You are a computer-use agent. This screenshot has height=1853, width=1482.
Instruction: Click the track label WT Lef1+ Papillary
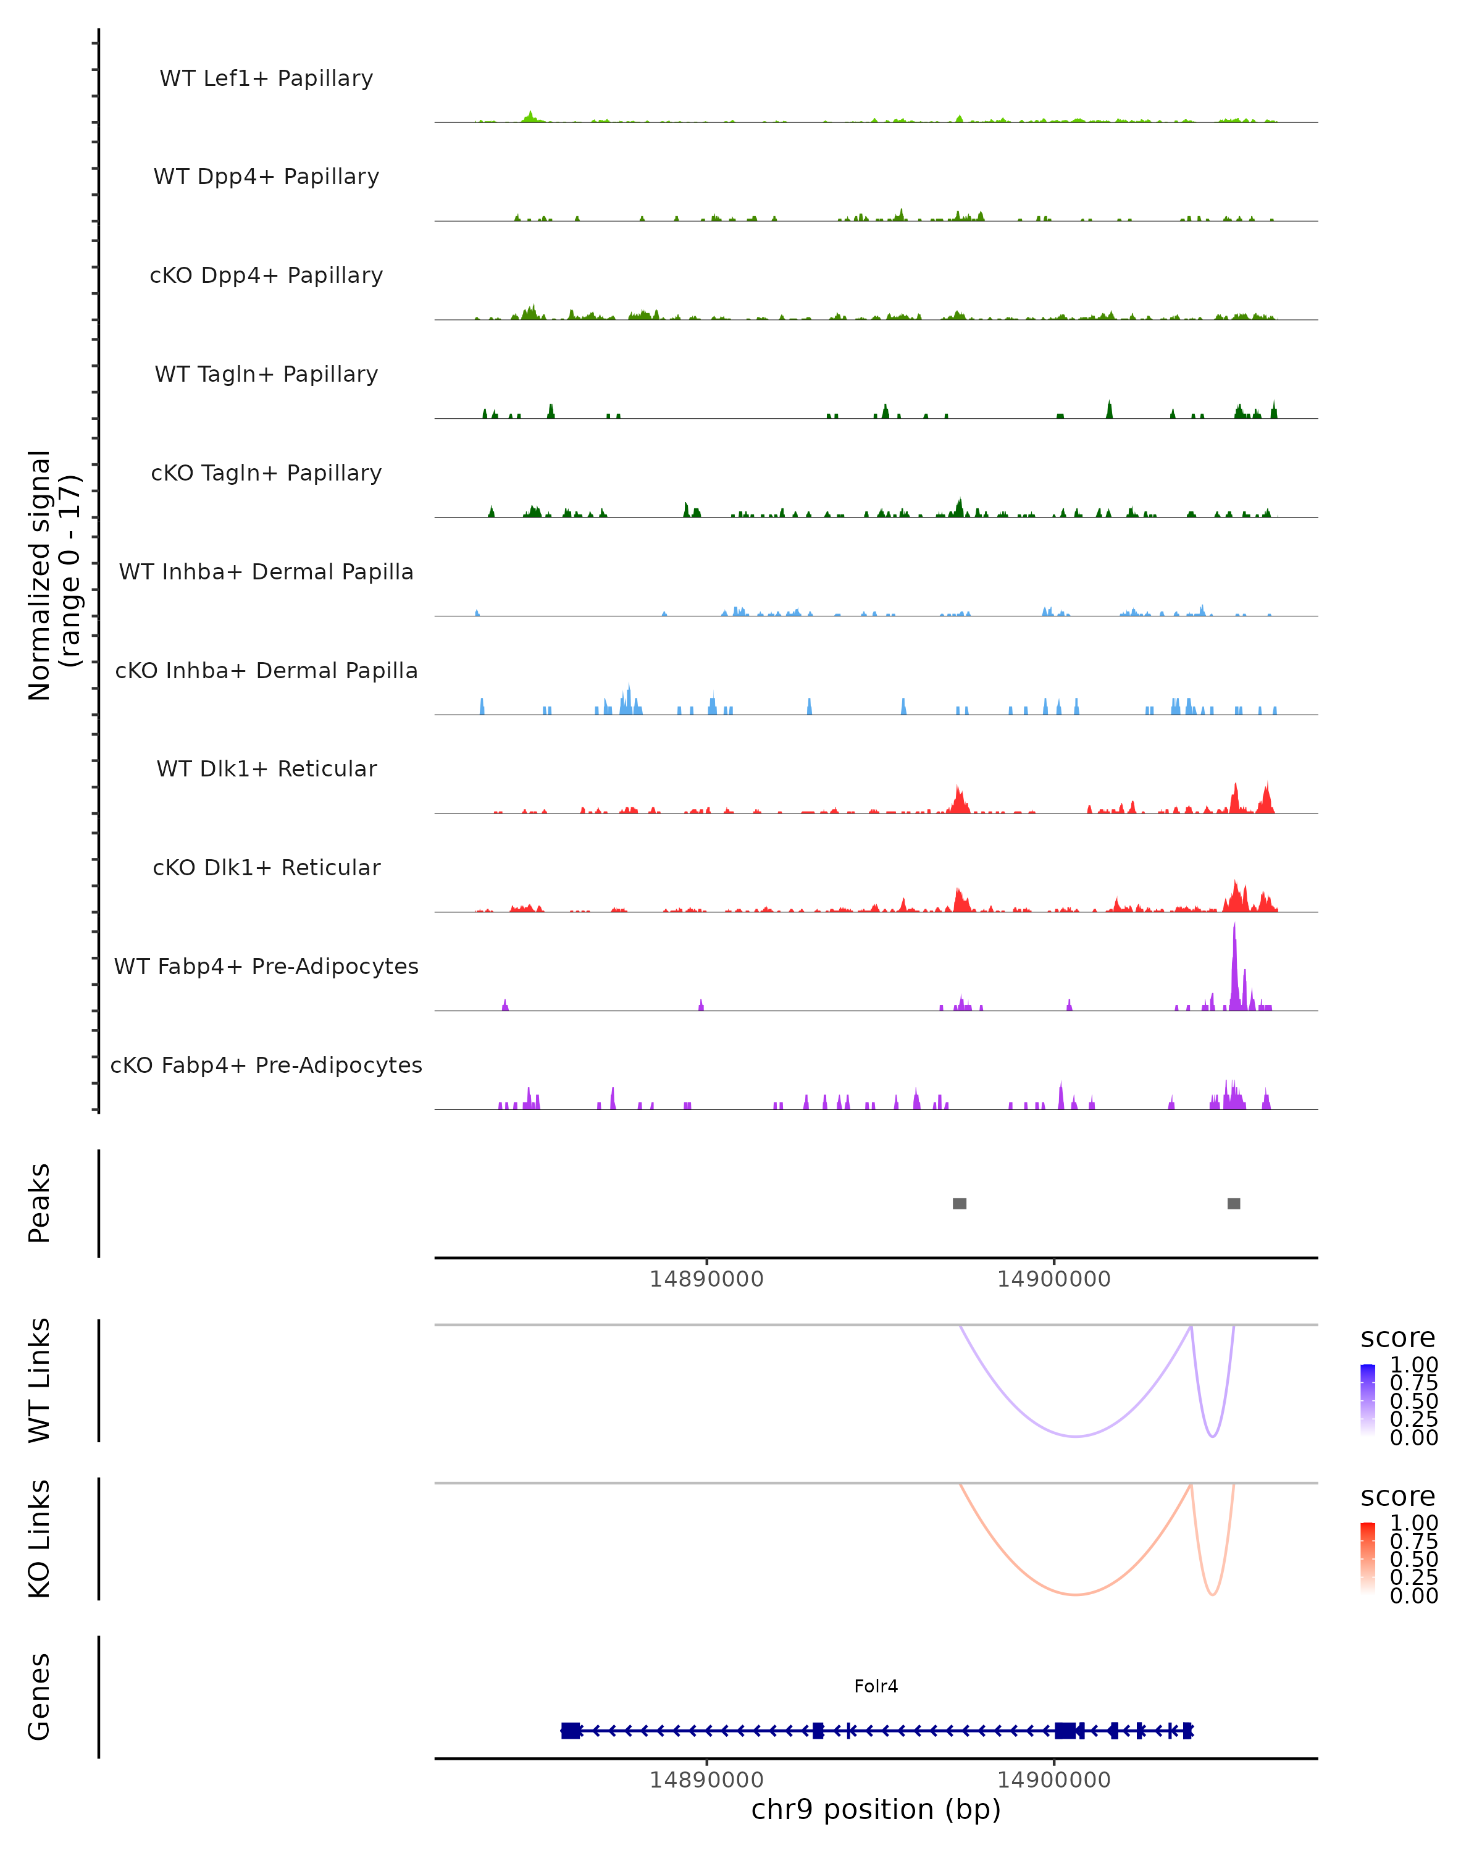[x=266, y=78]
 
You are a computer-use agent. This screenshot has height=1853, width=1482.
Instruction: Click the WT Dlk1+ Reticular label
[x=266, y=768]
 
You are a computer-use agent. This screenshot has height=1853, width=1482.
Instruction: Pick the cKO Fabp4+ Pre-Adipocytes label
[x=266, y=1065]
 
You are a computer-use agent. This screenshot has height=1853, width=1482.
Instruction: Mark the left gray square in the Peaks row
[x=960, y=1203]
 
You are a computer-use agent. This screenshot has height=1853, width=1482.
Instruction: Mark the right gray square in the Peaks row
[x=1234, y=1203]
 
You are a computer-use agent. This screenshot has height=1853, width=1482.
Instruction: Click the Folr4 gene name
[x=876, y=1686]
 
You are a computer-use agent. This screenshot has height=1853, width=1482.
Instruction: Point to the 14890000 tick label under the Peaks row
[x=706, y=1279]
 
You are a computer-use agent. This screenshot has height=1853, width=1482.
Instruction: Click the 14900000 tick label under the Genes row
[x=1053, y=1780]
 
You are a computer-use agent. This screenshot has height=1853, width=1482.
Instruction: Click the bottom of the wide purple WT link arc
[x=1075, y=1436]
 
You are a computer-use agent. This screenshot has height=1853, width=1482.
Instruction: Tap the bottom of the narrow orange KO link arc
[x=1212, y=1594]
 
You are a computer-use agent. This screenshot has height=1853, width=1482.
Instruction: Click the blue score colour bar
[x=1368, y=1400]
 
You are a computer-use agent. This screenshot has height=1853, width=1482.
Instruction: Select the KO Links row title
[x=40, y=1539]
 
